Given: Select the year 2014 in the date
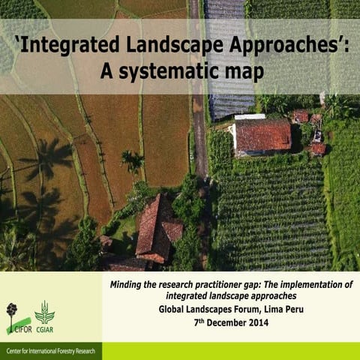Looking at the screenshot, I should click(x=265, y=323).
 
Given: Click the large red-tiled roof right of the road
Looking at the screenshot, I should click(x=263, y=135).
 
